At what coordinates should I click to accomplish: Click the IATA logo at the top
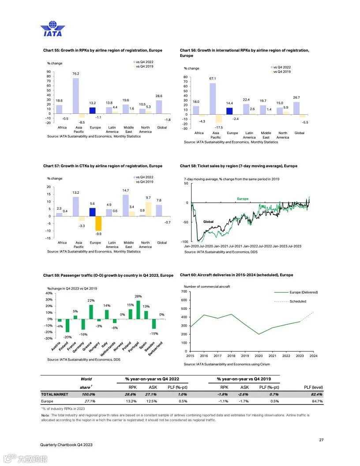pyautogui.click(x=52, y=29)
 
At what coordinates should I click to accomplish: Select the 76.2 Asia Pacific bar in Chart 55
pyautogui.click(x=76, y=96)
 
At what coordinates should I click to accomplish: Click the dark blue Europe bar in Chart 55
pyautogui.click(x=92, y=110)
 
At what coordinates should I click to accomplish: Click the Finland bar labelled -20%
pyautogui.click(x=67, y=325)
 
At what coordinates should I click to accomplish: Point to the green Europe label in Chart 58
pyautogui.click(x=243, y=199)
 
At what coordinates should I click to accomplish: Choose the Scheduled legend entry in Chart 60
pyautogui.click(x=297, y=301)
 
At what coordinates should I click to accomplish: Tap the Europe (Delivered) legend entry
pyautogui.click(x=304, y=292)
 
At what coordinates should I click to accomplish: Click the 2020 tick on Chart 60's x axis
pyautogui.click(x=259, y=356)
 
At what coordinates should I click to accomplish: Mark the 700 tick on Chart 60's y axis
pyautogui.click(x=184, y=292)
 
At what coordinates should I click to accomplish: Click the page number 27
pyautogui.click(x=321, y=439)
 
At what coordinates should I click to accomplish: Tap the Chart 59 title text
pyautogui.click(x=108, y=275)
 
